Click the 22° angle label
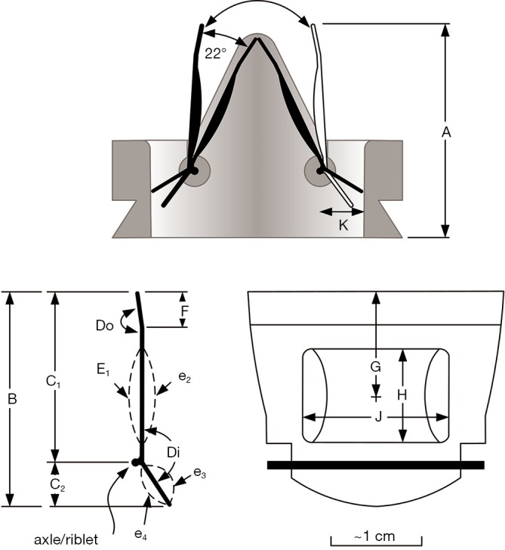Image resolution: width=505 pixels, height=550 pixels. pos(216,54)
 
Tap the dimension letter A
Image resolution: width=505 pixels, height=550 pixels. pos(446,132)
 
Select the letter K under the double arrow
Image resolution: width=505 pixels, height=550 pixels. pos(343,225)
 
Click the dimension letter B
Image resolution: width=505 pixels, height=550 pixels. pos(12,399)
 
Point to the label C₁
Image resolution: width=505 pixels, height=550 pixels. pos(54,381)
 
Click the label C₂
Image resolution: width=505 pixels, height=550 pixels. pos(57,485)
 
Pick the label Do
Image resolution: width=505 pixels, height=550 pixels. pos(105,326)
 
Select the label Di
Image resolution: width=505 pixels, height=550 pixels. pos(173,453)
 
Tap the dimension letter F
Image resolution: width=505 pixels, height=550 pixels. pos(185,311)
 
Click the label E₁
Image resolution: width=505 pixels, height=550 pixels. pos(103,369)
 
